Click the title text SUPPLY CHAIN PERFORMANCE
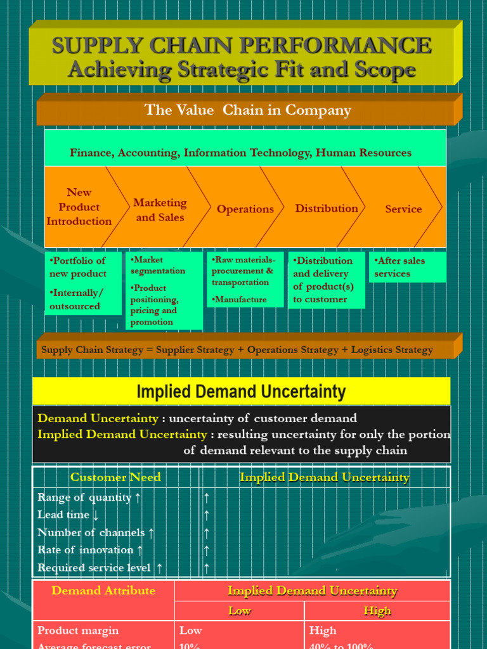click(242, 46)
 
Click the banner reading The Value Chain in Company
click(248, 110)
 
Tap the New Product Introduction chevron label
click(79, 207)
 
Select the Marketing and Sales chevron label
click(160, 210)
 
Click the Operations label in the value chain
click(245, 209)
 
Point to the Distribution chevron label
click(327, 209)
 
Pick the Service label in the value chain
click(403, 209)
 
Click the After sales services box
click(407, 267)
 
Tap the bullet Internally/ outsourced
click(76, 299)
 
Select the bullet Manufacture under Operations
click(240, 299)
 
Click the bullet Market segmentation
click(159, 265)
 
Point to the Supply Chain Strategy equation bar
click(237, 350)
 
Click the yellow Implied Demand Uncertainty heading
click(241, 392)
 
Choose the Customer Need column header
click(115, 477)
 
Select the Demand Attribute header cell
click(103, 591)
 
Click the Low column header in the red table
click(240, 611)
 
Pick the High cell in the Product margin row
click(323, 631)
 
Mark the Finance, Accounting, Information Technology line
click(240, 153)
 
